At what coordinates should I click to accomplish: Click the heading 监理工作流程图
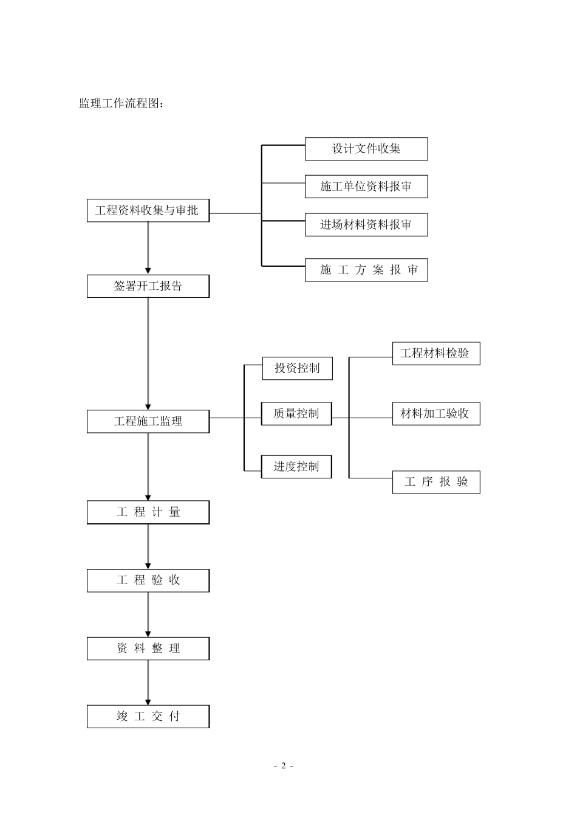tap(121, 103)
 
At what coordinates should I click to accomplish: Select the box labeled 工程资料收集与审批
tap(148, 211)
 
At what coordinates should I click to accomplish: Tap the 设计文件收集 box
tap(366, 149)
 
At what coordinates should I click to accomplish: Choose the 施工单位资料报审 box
tap(366, 187)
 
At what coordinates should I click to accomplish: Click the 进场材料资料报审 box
tap(366, 225)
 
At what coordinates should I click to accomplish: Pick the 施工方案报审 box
tap(366, 270)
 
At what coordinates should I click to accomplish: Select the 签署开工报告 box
tap(148, 286)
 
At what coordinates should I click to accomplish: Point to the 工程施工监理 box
tap(148, 421)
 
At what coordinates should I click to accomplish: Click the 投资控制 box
tap(297, 368)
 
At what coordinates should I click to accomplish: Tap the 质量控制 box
tap(296, 414)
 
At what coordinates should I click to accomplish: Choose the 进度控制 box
tap(296, 467)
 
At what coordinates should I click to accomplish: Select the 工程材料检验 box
tap(435, 353)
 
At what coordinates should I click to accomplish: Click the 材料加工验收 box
tap(435, 414)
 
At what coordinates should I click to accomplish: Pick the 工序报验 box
tap(435, 482)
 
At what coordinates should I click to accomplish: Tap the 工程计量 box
tap(148, 512)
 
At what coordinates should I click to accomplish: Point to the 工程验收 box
tap(148, 581)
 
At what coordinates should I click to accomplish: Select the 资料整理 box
tap(148, 649)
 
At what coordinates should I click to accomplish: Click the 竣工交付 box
tap(148, 717)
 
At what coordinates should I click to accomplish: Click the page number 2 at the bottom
tap(283, 766)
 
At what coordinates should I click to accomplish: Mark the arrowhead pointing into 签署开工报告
tap(148, 271)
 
